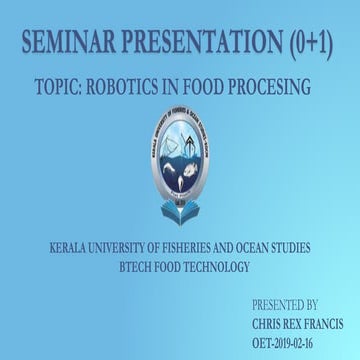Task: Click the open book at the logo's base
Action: (x=180, y=211)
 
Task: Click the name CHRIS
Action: (x=271, y=323)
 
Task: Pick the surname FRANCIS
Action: (x=330, y=323)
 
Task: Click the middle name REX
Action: (x=301, y=323)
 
